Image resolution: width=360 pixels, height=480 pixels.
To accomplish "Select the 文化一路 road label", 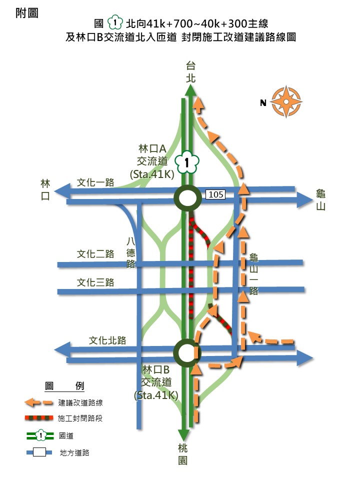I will coord(95,182).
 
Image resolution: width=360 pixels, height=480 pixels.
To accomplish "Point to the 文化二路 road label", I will coord(95,254).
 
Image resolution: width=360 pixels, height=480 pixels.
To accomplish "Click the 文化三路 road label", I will coord(95,282).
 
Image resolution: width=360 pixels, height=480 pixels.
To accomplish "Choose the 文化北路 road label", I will coord(107,340).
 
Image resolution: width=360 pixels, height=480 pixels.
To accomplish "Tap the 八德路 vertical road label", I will coord(131,252).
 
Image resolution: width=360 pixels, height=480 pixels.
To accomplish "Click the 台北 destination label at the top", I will coord(190,71).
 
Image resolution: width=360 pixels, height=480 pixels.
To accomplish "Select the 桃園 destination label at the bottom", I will coord(183,453).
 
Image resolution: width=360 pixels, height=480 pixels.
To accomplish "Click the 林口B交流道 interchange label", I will coord(156,382).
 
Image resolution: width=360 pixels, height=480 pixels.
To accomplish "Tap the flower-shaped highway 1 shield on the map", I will coord(187,162).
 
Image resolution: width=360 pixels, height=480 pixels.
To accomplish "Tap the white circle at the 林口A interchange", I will coord(187,198).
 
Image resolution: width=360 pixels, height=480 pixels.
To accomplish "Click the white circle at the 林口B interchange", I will coord(186,352).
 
